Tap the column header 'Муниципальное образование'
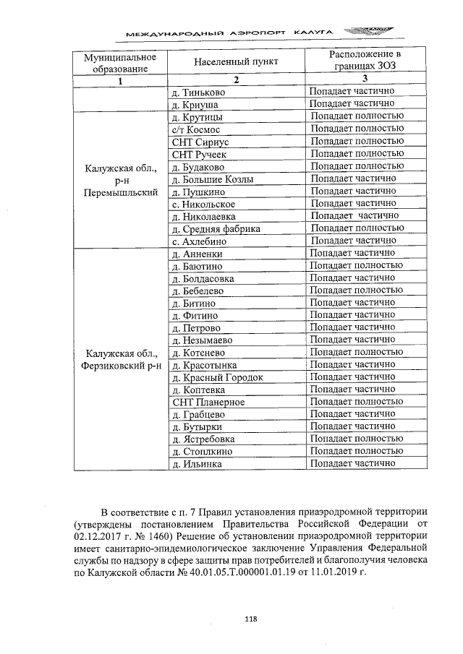pos(120,63)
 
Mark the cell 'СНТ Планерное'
pos(208,403)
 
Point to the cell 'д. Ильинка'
pos(197,464)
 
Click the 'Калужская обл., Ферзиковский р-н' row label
pos(120,359)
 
